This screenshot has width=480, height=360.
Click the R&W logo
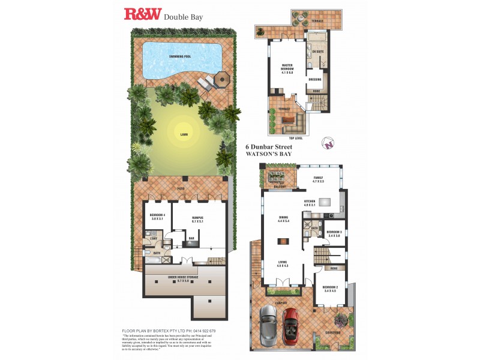click(142, 14)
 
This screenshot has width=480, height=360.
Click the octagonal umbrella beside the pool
click(222, 79)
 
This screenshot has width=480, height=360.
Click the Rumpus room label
click(197, 219)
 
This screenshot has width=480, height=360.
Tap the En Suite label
click(316, 52)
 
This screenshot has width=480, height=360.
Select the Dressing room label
click(315, 79)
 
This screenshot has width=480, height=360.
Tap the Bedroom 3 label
click(334, 233)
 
